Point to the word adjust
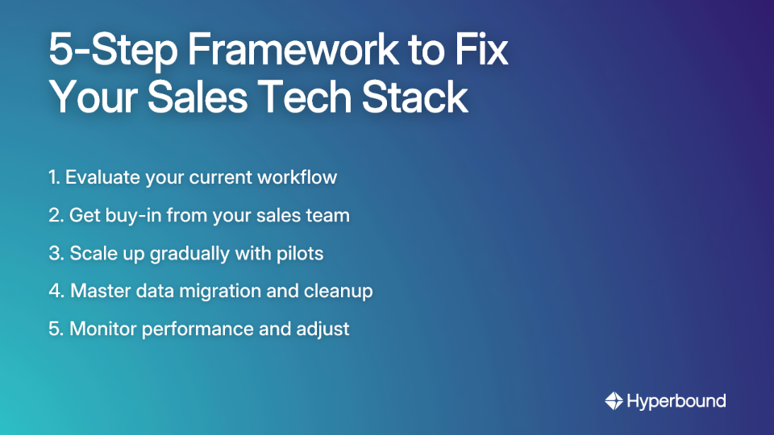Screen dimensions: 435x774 pyautogui.click(x=324, y=329)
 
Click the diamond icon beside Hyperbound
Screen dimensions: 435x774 pyautogui.click(x=614, y=400)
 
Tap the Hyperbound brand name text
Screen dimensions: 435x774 pyautogui.click(x=676, y=400)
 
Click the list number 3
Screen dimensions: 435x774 pyautogui.click(x=54, y=254)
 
